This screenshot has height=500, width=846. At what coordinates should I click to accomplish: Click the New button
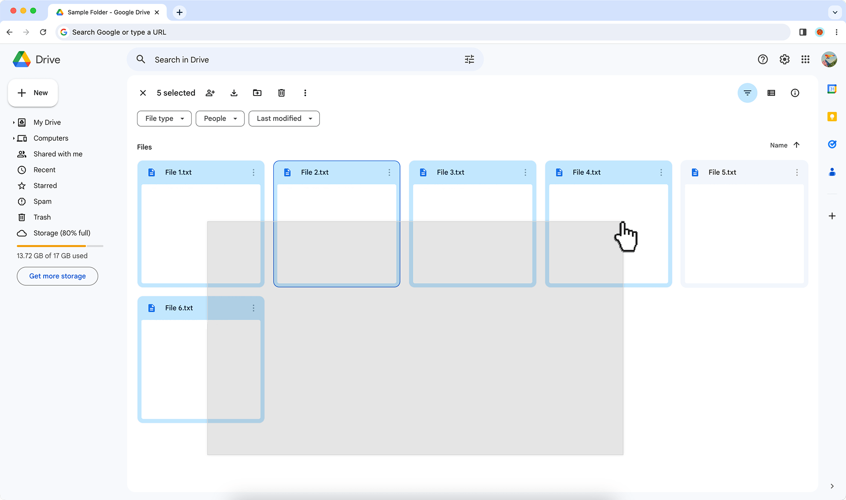point(33,93)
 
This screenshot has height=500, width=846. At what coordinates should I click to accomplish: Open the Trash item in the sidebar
point(42,217)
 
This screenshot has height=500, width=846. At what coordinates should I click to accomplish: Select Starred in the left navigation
point(45,186)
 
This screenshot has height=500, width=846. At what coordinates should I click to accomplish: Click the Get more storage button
point(57,276)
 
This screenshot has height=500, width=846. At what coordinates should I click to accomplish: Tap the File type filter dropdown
point(164,118)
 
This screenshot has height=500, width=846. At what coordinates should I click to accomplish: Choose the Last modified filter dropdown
point(284,118)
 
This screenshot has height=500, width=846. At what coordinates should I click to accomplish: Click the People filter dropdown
point(220,118)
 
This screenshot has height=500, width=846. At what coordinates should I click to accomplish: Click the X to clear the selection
point(143,93)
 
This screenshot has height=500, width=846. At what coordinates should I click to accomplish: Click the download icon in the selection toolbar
point(234,93)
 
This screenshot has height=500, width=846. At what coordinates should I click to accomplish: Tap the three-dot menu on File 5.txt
point(797,173)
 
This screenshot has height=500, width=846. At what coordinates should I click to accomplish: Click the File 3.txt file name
point(450,173)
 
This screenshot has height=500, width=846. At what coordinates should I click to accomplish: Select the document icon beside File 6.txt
point(152,308)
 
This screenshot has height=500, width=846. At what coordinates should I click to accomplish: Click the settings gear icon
point(784,59)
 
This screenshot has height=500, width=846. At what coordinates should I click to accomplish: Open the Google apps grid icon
point(805,59)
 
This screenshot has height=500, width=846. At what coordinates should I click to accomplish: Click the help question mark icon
point(763,59)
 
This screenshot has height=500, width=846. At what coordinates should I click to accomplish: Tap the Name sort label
point(778,145)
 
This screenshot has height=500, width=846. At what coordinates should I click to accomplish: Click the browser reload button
point(43,32)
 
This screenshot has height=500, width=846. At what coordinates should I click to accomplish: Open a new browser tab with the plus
point(179,12)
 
